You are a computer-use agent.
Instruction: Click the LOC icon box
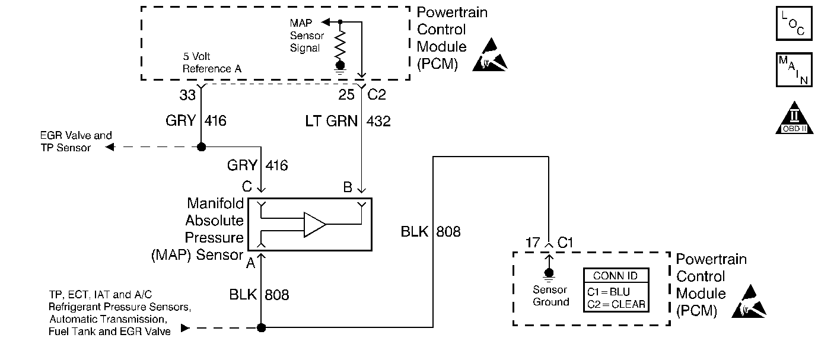coord(794,24)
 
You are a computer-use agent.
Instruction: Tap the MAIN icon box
coord(794,69)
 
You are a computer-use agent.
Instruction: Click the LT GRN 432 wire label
coord(348,121)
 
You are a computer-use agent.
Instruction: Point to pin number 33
coord(188,94)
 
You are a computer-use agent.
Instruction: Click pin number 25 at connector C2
coord(347,94)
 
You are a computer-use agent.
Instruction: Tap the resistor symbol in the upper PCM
coord(340,43)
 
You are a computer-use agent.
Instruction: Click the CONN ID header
coord(615,276)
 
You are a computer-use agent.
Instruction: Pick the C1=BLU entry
coord(609,292)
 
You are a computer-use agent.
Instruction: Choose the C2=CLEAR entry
coord(615,304)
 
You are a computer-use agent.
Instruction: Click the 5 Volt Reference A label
coord(207,63)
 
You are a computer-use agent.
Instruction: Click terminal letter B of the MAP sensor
coord(348,187)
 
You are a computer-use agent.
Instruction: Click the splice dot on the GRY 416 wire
coord(202,147)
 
